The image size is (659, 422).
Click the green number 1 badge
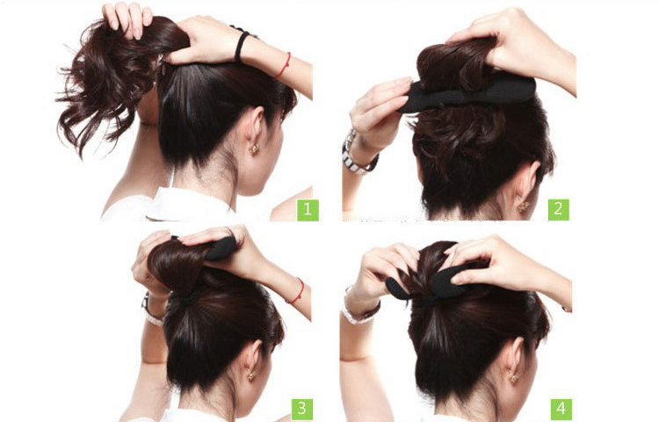tap(308, 210)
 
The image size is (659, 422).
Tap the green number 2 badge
tap(558, 210)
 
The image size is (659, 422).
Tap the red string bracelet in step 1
tap(284, 67)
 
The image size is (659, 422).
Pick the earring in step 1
tap(255, 148)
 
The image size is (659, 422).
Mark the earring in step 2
tap(523, 207)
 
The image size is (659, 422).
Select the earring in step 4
tap(514, 377)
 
